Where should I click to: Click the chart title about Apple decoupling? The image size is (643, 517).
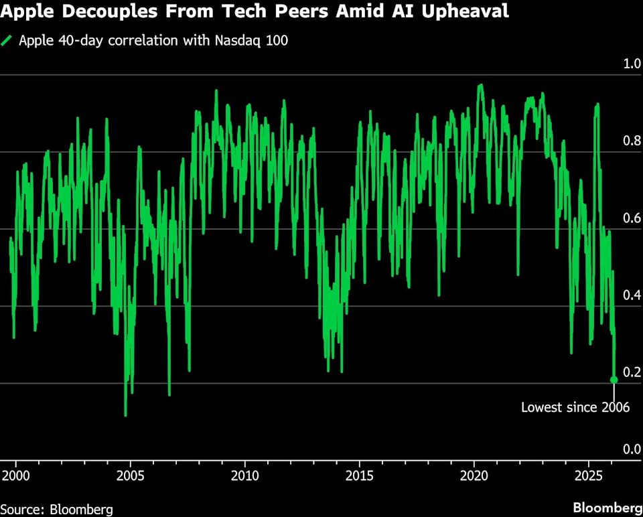point(255,12)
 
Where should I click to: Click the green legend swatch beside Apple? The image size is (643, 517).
point(7,40)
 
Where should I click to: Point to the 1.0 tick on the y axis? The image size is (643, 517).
point(632,64)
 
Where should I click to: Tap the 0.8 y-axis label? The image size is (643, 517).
point(632,141)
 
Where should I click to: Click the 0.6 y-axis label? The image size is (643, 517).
point(632,218)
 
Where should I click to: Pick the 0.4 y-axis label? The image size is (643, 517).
point(632,295)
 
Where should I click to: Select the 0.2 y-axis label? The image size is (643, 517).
point(632,372)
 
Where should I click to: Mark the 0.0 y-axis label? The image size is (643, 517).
point(632,449)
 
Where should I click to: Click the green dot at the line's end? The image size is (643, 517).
point(614,380)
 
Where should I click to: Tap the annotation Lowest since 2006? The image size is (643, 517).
point(575,407)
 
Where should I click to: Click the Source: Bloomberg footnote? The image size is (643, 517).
point(56,508)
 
